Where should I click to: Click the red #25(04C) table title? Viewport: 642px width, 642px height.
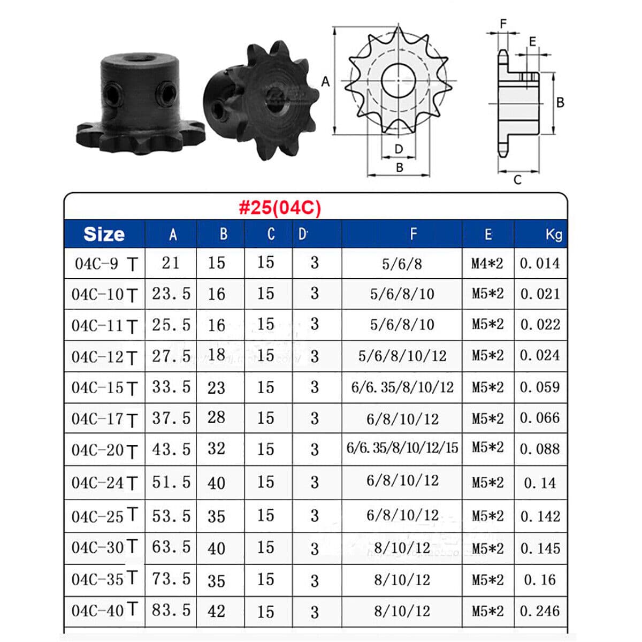(280, 208)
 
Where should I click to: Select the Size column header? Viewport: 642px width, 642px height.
(104, 234)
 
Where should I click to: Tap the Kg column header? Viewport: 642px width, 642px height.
(553, 234)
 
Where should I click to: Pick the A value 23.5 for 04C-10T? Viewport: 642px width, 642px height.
(171, 294)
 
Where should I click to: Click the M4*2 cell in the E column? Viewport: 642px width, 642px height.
(487, 263)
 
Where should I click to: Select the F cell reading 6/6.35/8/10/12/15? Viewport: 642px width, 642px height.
(402, 448)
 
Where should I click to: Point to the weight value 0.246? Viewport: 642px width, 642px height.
(540, 611)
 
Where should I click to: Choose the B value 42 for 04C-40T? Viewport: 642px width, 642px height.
(217, 611)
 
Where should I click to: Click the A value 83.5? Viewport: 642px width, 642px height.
(171, 610)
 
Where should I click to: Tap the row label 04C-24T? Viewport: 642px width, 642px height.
(105, 483)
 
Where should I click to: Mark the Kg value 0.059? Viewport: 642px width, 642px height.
(540, 387)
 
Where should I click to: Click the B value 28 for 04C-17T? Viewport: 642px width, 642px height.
(217, 417)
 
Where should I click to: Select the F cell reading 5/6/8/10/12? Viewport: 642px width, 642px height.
(402, 356)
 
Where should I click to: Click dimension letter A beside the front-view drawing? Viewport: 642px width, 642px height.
(325, 82)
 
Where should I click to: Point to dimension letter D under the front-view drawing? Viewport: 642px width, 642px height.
(399, 149)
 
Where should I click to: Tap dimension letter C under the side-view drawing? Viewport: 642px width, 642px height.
(517, 180)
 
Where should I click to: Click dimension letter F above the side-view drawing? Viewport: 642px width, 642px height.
(503, 24)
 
